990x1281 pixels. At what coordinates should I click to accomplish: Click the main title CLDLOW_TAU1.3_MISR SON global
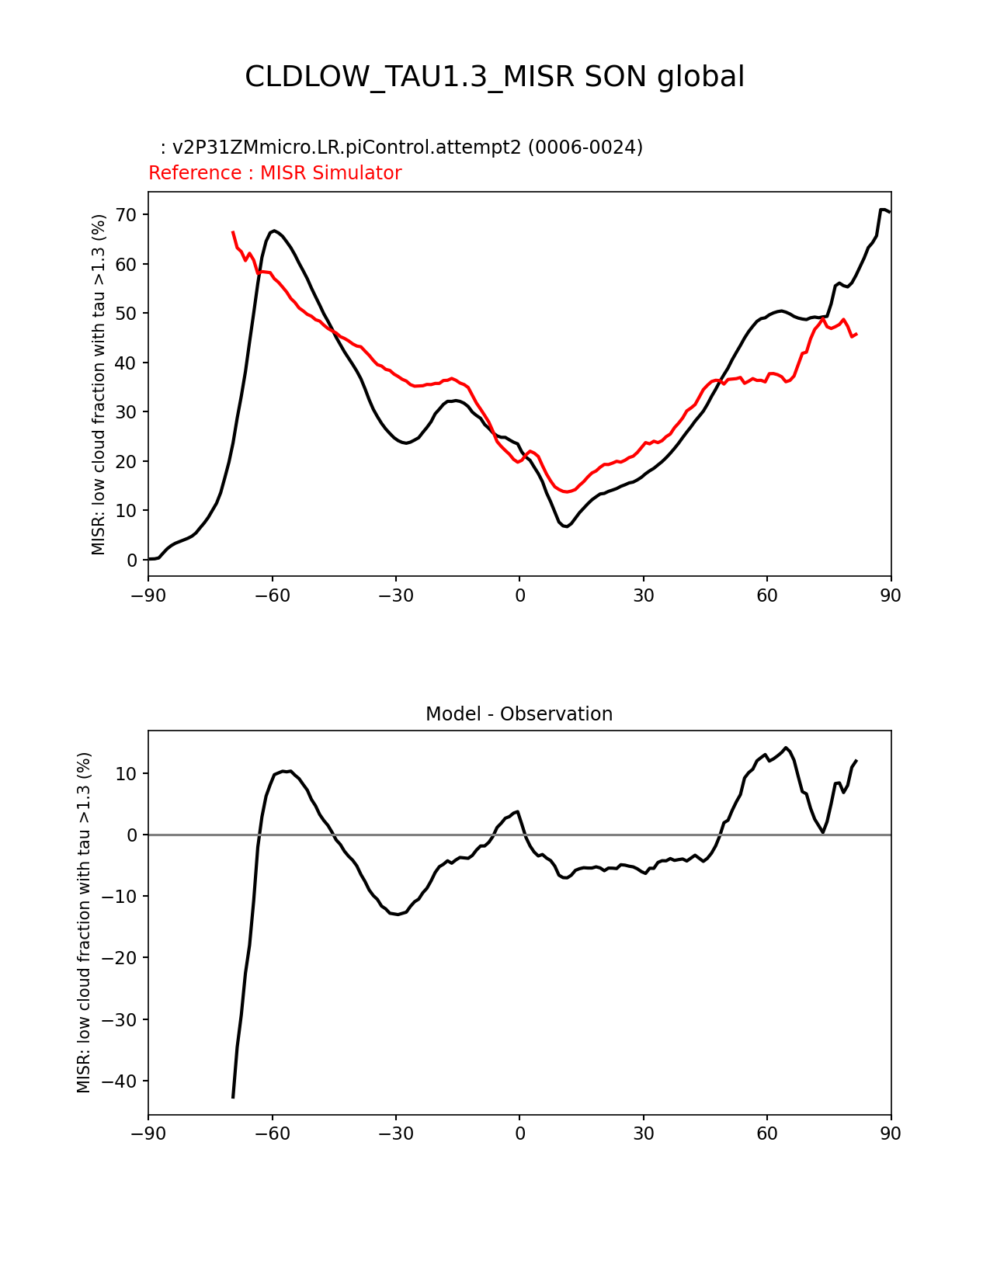click(495, 77)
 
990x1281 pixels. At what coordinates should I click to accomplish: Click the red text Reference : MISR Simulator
click(275, 173)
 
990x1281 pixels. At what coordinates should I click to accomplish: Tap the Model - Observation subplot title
click(519, 714)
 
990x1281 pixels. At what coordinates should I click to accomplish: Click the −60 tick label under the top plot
click(272, 595)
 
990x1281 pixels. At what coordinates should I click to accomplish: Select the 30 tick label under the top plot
click(643, 595)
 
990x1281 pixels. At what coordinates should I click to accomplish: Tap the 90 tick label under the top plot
click(891, 595)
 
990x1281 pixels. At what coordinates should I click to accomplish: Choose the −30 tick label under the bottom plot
click(395, 1133)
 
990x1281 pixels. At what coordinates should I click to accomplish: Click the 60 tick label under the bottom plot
click(767, 1133)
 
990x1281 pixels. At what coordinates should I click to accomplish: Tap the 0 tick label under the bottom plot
click(519, 1133)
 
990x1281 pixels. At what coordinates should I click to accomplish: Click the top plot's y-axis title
click(99, 384)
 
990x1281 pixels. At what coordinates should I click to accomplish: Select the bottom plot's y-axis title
click(84, 922)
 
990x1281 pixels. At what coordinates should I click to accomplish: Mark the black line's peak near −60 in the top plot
click(275, 231)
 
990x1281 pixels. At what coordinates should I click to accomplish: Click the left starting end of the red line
click(233, 232)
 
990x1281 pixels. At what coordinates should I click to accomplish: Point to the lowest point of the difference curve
click(233, 1097)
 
